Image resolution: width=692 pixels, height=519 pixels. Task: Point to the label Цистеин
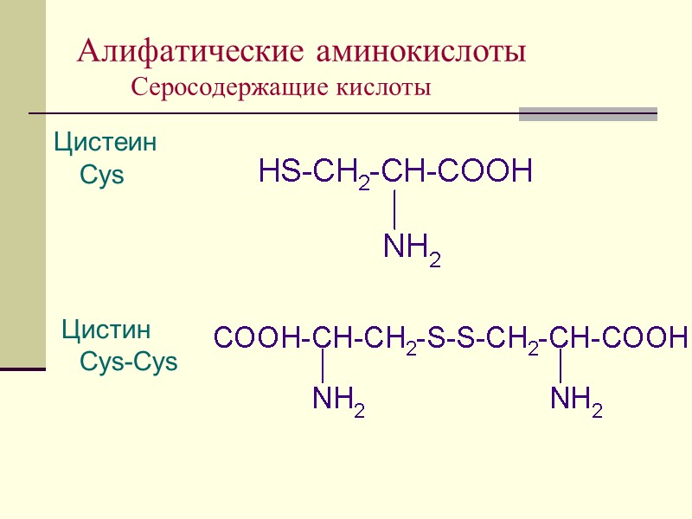click(106, 142)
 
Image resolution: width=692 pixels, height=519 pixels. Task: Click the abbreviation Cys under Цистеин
click(102, 176)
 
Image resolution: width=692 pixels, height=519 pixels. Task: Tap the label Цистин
click(106, 330)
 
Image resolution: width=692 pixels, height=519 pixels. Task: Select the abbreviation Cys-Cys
click(128, 362)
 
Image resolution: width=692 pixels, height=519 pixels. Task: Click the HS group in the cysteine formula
click(279, 172)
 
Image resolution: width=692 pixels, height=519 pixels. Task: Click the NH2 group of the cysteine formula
click(412, 250)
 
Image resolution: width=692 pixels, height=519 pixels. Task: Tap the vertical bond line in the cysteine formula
click(394, 210)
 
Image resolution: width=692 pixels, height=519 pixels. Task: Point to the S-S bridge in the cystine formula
click(449, 337)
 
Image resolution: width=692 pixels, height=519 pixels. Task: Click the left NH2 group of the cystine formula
click(337, 400)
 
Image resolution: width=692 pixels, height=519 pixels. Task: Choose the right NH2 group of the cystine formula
click(576, 400)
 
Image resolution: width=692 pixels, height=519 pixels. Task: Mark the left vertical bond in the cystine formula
click(323, 366)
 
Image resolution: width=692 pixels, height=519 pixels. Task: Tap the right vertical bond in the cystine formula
click(561, 366)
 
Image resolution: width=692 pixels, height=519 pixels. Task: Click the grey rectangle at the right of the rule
click(587, 114)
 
